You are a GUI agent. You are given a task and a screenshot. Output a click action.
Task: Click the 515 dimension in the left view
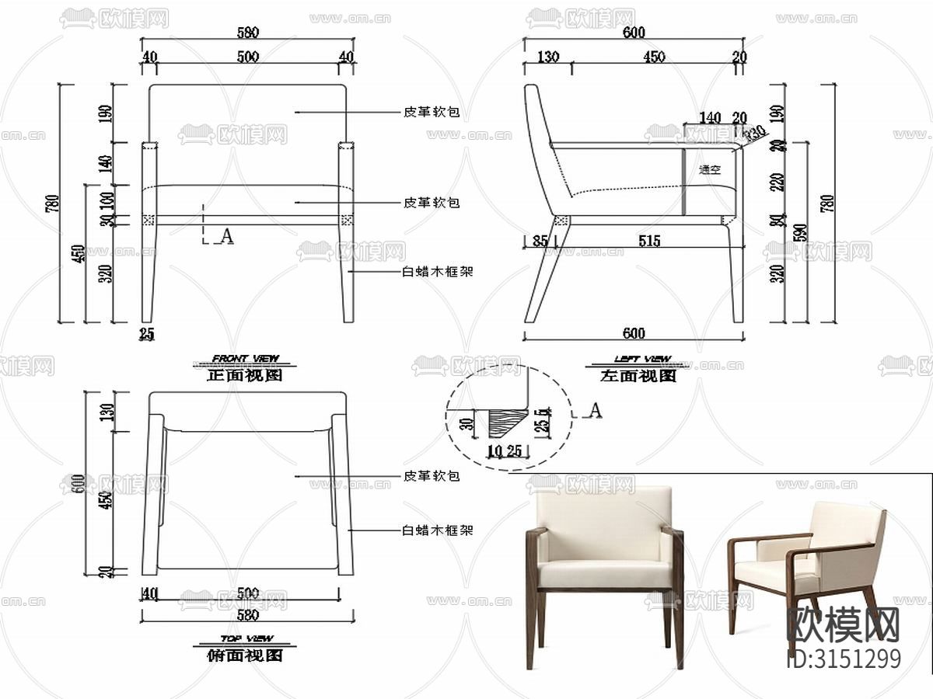(649, 241)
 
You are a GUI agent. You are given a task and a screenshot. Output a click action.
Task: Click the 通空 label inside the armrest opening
(710, 170)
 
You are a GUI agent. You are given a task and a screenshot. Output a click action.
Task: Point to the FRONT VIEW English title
(246, 359)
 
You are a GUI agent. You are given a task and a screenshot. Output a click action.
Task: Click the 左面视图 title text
(638, 376)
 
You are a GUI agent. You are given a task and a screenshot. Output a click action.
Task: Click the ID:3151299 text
(844, 658)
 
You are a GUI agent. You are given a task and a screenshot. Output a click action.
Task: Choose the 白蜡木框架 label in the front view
(437, 271)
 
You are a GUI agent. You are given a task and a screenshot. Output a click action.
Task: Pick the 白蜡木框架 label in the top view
(437, 530)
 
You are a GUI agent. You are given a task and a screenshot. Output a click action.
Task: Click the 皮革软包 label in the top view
(431, 475)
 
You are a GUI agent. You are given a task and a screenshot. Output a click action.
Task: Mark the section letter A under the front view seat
(227, 236)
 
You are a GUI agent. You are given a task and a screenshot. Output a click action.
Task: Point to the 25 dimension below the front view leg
(146, 334)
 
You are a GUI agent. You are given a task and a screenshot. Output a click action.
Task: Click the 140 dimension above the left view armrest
(709, 118)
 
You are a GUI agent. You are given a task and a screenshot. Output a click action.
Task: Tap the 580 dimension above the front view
(247, 33)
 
